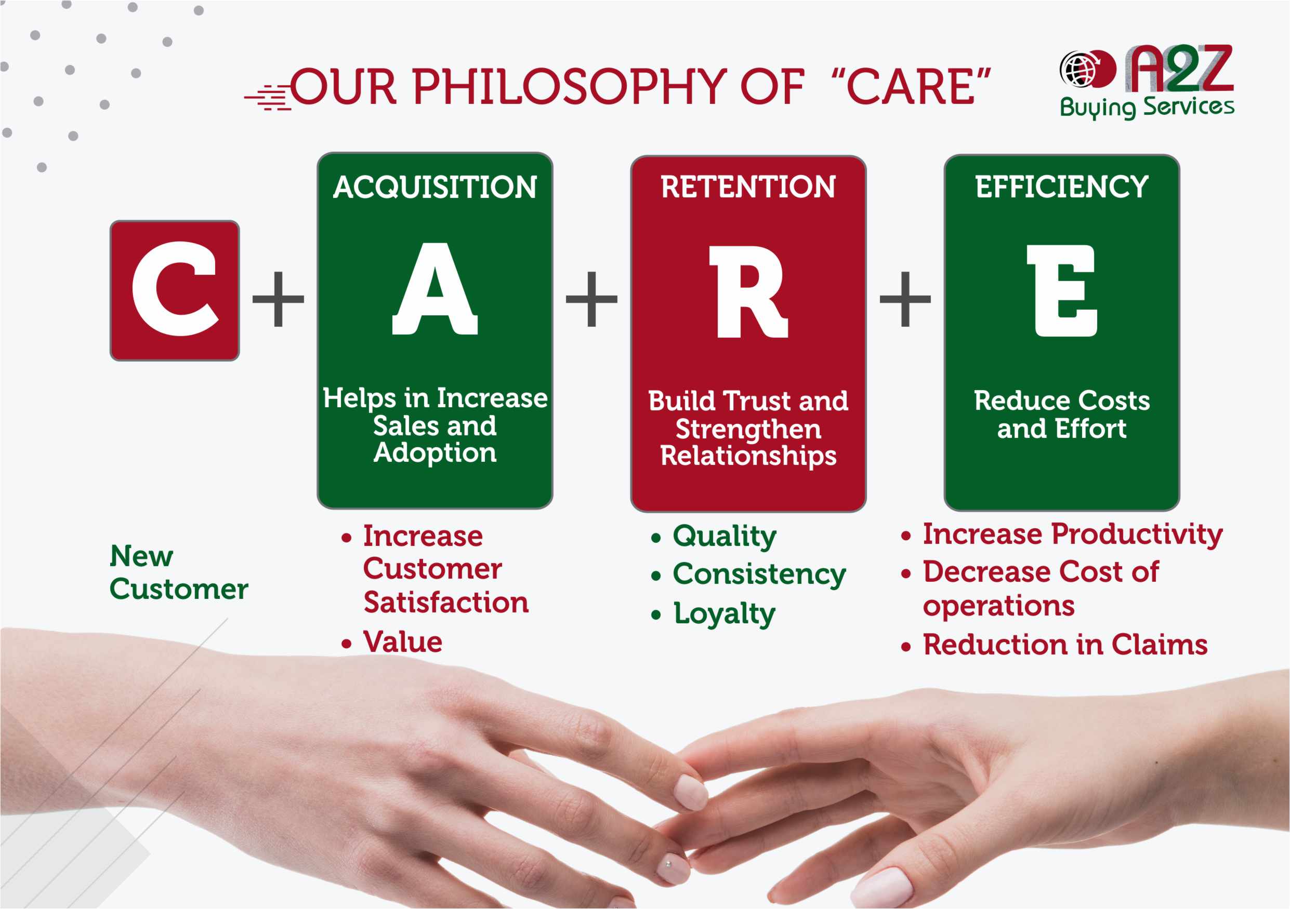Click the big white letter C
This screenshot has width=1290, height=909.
pyautogui.click(x=174, y=289)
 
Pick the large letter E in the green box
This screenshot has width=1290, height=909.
pyautogui.click(x=1062, y=291)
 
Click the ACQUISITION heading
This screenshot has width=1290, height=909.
pyautogui.click(x=435, y=187)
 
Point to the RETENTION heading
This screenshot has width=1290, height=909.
pyautogui.click(x=748, y=187)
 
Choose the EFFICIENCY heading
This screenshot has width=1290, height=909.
pyautogui.click(x=1062, y=187)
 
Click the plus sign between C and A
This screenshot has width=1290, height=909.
pyautogui.click(x=278, y=299)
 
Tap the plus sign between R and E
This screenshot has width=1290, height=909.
pyautogui.click(x=905, y=299)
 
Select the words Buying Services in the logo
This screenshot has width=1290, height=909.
pyautogui.click(x=1146, y=106)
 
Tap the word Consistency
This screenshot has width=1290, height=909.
pyautogui.click(x=759, y=574)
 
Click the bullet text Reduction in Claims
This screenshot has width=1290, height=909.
pyautogui.click(x=1065, y=645)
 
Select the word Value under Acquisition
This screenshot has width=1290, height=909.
pyautogui.click(x=403, y=641)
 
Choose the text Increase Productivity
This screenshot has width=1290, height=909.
pyautogui.click(x=1072, y=534)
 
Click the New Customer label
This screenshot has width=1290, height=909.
pyautogui.click(x=179, y=573)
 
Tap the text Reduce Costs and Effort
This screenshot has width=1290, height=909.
pyautogui.click(x=1062, y=415)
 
